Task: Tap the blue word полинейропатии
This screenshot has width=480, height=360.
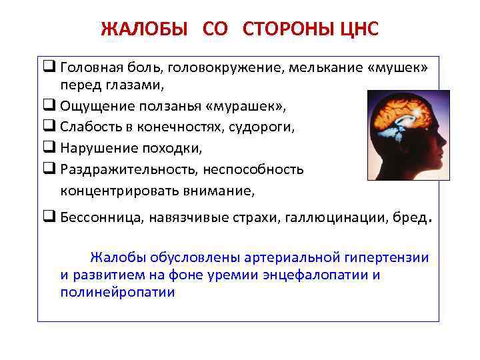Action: point(117,292)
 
